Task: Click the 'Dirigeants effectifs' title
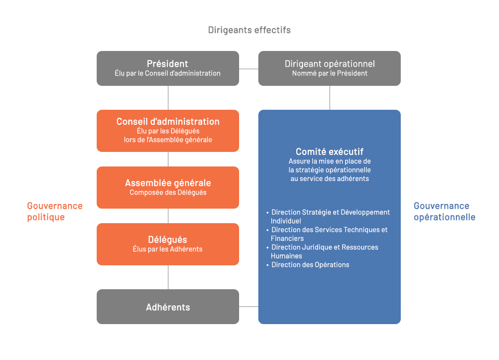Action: tap(249, 30)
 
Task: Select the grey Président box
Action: tap(168, 68)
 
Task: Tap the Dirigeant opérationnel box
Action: tap(330, 68)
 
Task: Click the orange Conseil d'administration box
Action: tap(168, 131)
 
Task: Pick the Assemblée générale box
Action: tap(168, 187)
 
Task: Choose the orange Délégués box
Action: tap(168, 244)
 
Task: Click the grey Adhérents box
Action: tap(168, 306)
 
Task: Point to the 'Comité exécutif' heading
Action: tap(330, 151)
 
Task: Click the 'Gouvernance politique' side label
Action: tap(55, 211)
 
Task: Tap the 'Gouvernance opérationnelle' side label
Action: tap(444, 211)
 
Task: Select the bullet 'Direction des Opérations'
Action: tap(308, 265)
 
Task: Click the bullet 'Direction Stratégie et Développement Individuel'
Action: tap(328, 216)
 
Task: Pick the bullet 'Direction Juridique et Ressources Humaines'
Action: tap(322, 251)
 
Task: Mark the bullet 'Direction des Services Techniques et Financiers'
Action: tap(327, 234)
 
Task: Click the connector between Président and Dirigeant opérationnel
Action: tap(248, 69)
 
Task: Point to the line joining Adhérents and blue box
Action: tap(248, 306)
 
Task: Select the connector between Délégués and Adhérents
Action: tap(168, 277)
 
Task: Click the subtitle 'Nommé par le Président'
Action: tap(330, 73)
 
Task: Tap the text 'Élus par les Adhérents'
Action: tap(168, 249)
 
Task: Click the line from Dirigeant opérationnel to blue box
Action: tap(330, 98)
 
